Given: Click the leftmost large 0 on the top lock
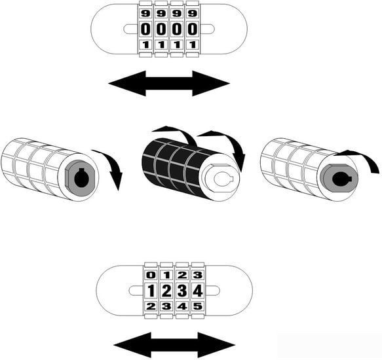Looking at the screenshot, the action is pyautogui.click(x=145, y=29).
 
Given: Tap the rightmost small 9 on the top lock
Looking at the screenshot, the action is pyautogui.click(x=193, y=13).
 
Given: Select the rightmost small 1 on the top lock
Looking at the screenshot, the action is pyautogui.click(x=193, y=45).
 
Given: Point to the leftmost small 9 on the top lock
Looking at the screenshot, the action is pyautogui.click(x=145, y=13).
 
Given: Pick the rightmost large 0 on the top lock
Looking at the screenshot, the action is pyautogui.click(x=193, y=29).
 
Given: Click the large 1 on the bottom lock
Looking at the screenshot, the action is pyautogui.click(x=151, y=291).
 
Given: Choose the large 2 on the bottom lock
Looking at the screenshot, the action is pyautogui.click(x=166, y=291).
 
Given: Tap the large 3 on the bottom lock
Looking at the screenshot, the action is pyautogui.click(x=182, y=291).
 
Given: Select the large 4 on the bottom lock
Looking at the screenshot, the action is pyautogui.click(x=198, y=291).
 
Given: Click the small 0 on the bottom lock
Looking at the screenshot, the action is pyautogui.click(x=151, y=276).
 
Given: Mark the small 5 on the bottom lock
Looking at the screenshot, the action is pyautogui.click(x=198, y=306).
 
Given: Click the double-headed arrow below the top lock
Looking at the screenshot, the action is pyautogui.click(x=169, y=84).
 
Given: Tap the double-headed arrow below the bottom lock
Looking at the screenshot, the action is pyautogui.click(x=174, y=345).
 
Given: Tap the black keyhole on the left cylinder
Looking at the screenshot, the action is pyautogui.click(x=81, y=179).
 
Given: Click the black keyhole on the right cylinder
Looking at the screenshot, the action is pyautogui.click(x=341, y=179).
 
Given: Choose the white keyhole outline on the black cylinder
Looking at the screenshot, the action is pyautogui.click(x=223, y=179).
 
